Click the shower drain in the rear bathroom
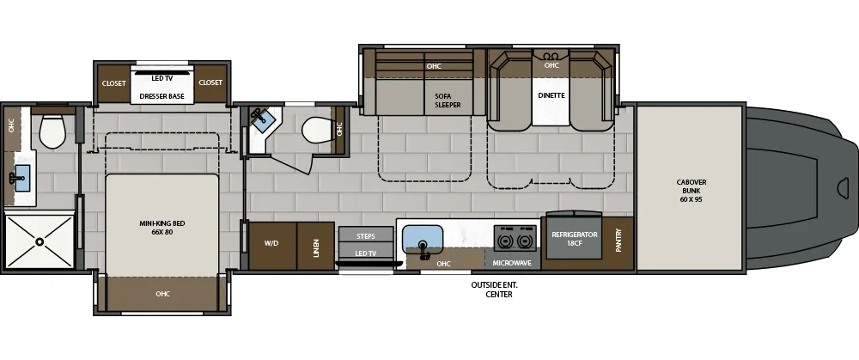coord(40,241)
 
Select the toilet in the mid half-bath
coord(317,131)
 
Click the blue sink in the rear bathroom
coord(22,178)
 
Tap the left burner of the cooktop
coord(504,240)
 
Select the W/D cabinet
coord(273,246)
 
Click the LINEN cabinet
coord(315,246)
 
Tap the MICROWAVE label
coord(512,264)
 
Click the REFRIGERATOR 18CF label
coord(574,238)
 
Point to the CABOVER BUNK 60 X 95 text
coord(691,191)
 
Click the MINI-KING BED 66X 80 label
coord(162,228)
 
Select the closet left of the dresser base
coord(114,83)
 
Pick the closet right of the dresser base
coord(210,83)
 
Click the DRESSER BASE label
coord(161,96)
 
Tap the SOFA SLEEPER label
coord(448,101)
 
